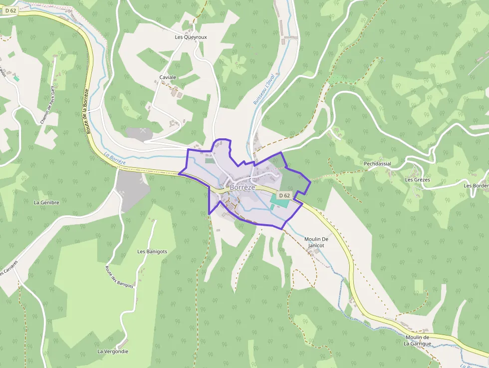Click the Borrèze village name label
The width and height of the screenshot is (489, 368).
coord(243,187)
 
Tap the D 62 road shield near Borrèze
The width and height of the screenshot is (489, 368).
coord(284,195)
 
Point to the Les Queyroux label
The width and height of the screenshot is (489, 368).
coord(191,37)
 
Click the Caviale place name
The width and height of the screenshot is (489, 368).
coord(168,77)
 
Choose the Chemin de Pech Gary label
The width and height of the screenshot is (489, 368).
coord(47,104)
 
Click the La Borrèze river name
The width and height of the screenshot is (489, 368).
coord(115,159)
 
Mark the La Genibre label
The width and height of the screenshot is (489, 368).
coord(46,203)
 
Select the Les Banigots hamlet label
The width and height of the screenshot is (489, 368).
coord(152,251)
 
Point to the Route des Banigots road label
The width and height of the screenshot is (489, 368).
coord(119,277)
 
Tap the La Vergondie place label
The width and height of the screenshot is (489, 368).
coord(113,352)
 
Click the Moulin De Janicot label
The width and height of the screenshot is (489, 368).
coord(317,242)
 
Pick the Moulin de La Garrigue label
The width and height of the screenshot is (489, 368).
coord(417,341)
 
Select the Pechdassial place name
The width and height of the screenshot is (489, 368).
coord(377,164)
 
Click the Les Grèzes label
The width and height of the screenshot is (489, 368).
coord(418,180)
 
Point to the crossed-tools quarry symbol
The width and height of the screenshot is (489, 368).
coord(144,130)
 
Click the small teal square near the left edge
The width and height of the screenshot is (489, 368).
coord(16,78)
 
